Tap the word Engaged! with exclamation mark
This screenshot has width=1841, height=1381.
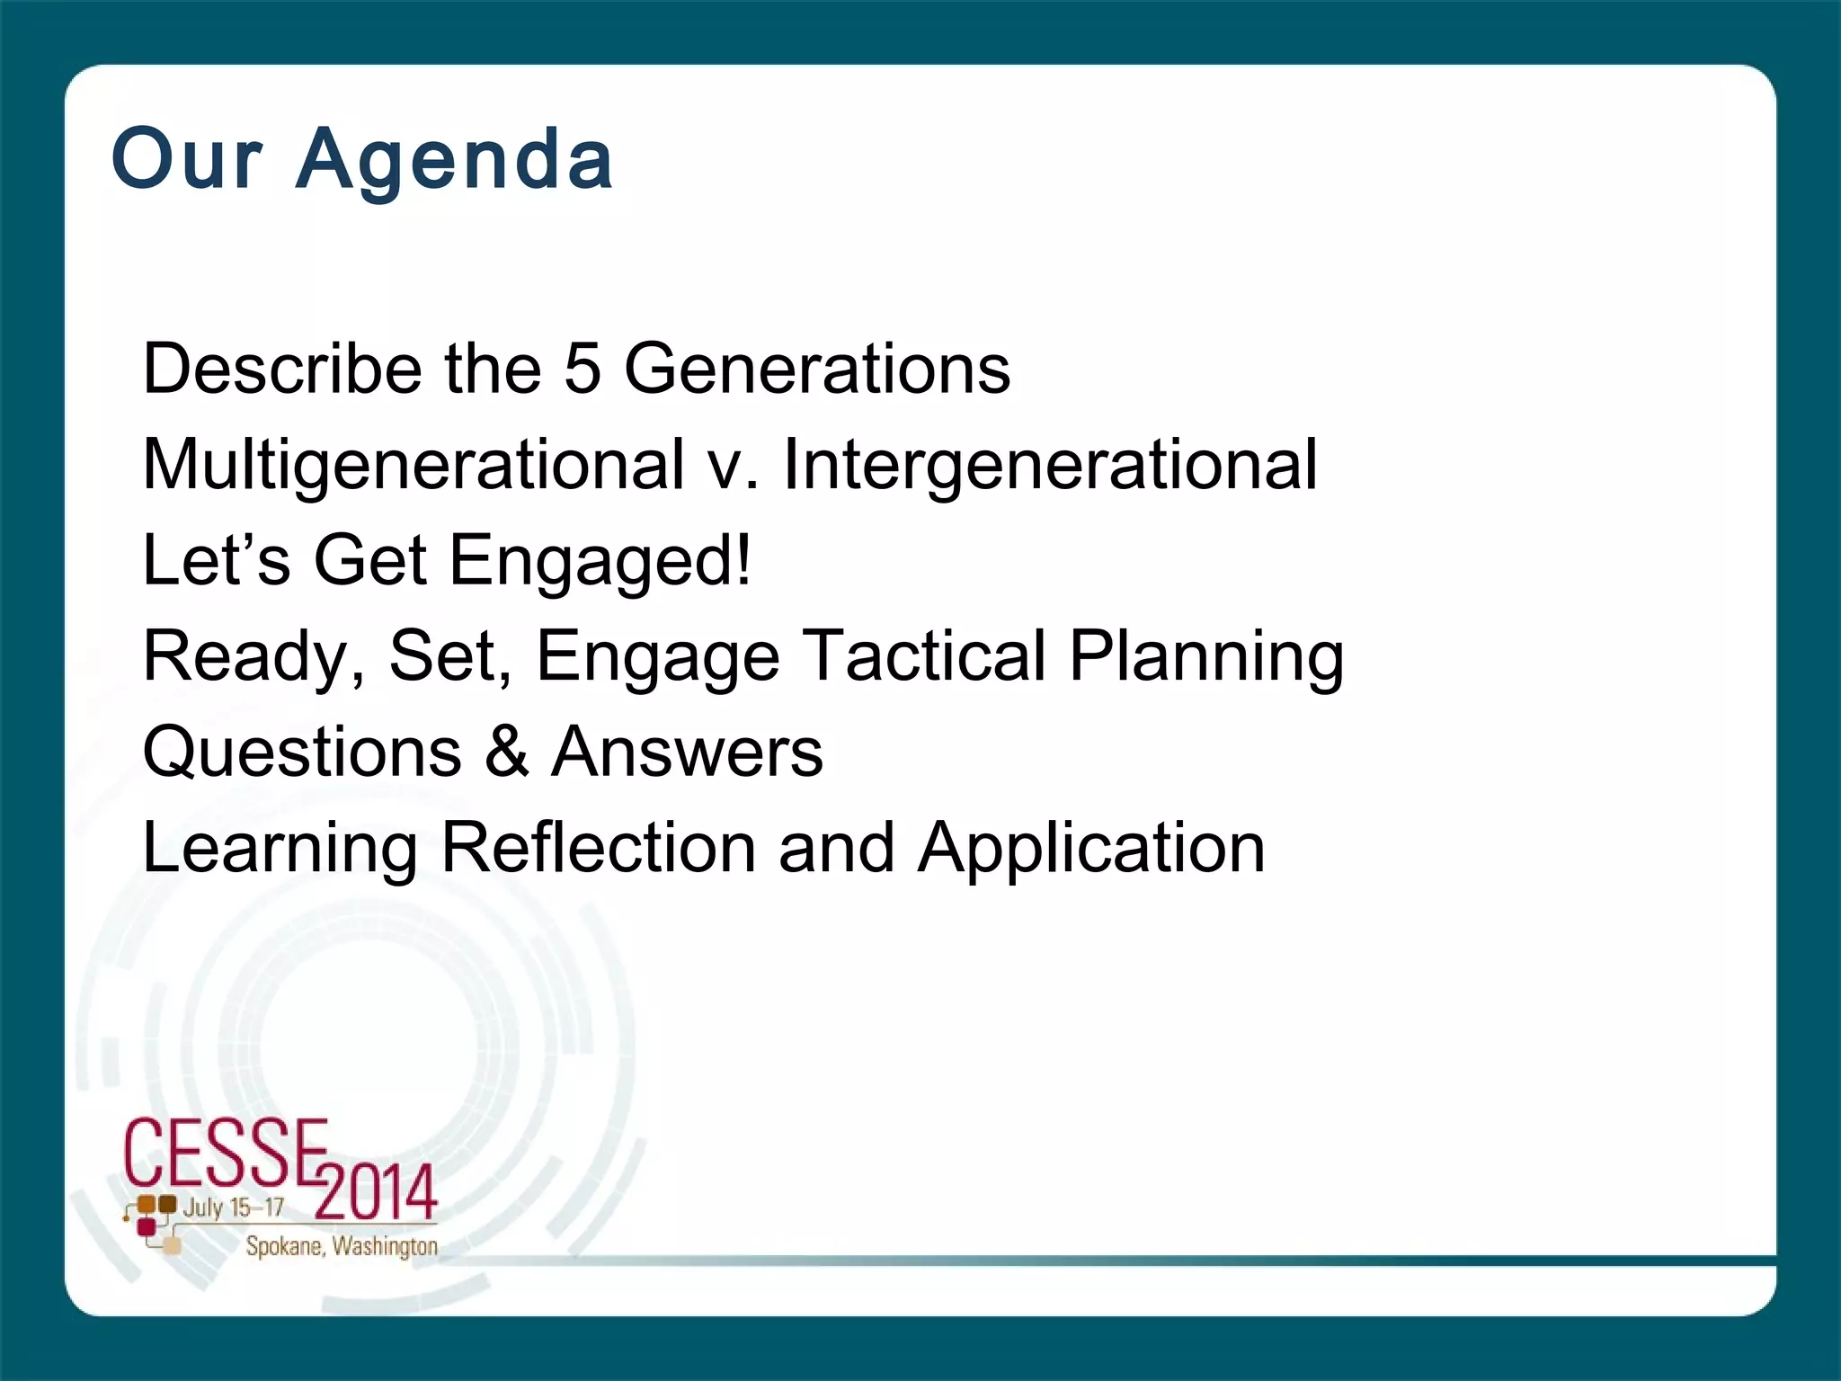(x=600, y=562)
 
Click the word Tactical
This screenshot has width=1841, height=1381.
(x=923, y=655)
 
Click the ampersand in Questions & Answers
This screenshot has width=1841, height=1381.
(x=507, y=752)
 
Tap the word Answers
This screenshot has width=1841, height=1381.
(x=687, y=752)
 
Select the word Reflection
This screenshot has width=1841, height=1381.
(x=598, y=847)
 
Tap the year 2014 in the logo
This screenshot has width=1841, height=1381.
(x=376, y=1192)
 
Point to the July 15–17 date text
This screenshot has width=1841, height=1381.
(x=233, y=1207)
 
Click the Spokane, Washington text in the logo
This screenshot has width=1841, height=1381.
(x=342, y=1246)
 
